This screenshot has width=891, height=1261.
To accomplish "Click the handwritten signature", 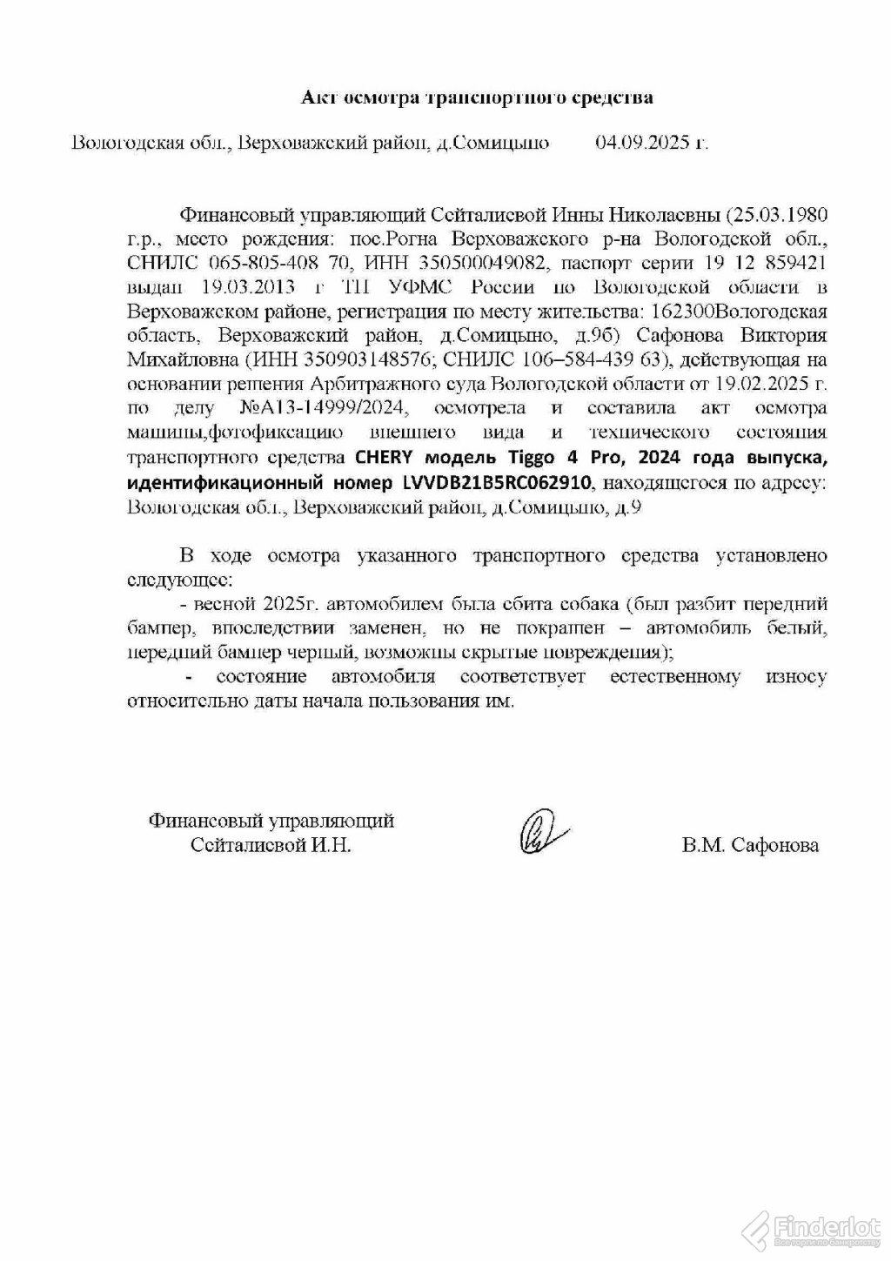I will pos(541,831).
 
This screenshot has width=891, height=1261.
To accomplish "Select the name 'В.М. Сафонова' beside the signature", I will pos(750,844).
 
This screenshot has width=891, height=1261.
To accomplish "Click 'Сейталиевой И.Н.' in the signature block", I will pos(271,844).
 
